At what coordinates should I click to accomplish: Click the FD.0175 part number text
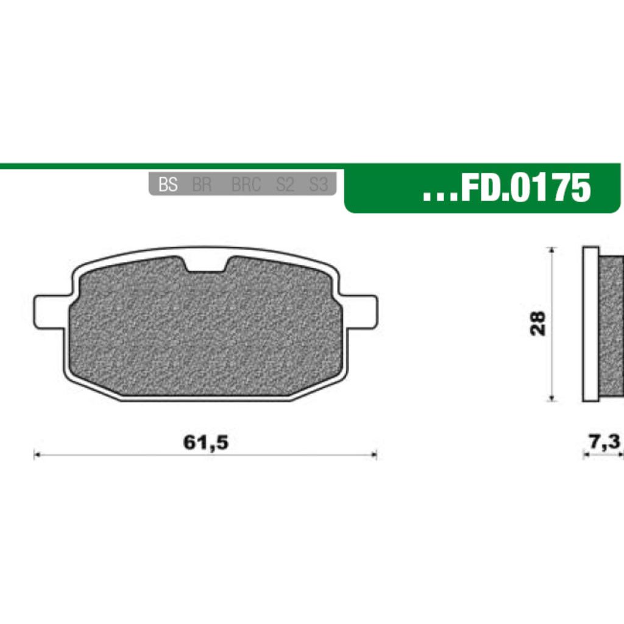pyautogui.click(x=525, y=188)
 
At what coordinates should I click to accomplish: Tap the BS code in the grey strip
pyautogui.click(x=168, y=185)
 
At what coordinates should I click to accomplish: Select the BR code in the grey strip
pyautogui.click(x=201, y=185)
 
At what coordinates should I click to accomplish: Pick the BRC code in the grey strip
pyautogui.click(x=246, y=185)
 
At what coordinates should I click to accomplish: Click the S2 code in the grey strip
pyautogui.click(x=285, y=185)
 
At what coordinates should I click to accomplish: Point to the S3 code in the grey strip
pyautogui.click(x=318, y=185)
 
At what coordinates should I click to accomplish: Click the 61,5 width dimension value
pyautogui.click(x=205, y=443)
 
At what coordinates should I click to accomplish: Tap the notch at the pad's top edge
pyautogui.click(x=205, y=263)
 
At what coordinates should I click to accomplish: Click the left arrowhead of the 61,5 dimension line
pyautogui.click(x=36, y=455)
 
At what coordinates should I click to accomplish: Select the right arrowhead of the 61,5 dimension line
pyautogui.click(x=374, y=455)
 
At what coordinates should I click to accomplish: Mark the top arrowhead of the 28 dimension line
pyautogui.click(x=551, y=250)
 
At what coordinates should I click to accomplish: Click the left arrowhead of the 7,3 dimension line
pyautogui.click(x=586, y=455)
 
